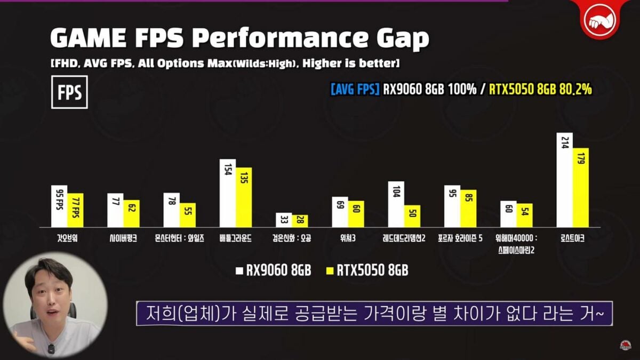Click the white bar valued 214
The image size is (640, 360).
pyautogui.click(x=564, y=180)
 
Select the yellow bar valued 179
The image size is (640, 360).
pyautogui.click(x=581, y=188)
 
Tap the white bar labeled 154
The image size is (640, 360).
pyautogui.click(x=228, y=193)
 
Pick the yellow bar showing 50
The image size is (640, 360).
pyautogui.click(x=412, y=216)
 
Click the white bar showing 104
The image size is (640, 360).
pyautogui.click(x=396, y=204)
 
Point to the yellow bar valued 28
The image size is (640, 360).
pyautogui.click(x=300, y=221)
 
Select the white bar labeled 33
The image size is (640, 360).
pyautogui.click(x=284, y=220)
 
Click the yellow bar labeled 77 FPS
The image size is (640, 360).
pyautogui.click(x=75, y=210)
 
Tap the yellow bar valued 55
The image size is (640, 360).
pyautogui.click(x=188, y=215)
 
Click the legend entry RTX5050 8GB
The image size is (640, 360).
pyautogui.click(x=367, y=270)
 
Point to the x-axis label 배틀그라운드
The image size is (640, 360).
pyautogui.click(x=235, y=239)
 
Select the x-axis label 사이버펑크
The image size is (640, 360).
pyautogui.click(x=123, y=239)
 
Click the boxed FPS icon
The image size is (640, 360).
pyautogui.click(x=69, y=92)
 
